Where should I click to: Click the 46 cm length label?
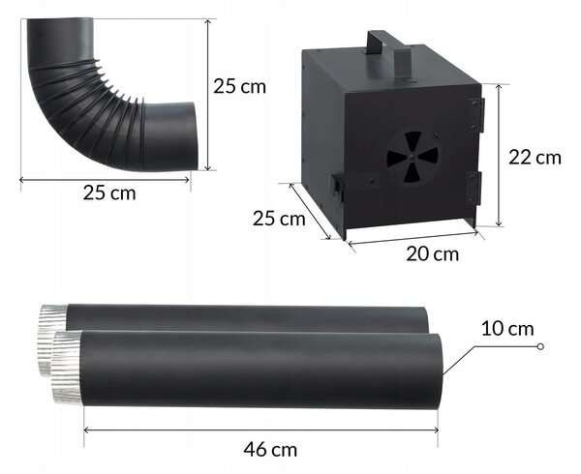pyautogui.click(x=270, y=450)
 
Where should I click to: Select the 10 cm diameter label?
pyautogui.click(x=507, y=329)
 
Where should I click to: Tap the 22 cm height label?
pyautogui.click(x=535, y=158)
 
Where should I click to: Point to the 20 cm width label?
pyautogui.click(x=432, y=253)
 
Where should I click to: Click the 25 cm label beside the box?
pyautogui.click(x=279, y=219)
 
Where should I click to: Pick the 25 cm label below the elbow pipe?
pyautogui.click(x=109, y=193)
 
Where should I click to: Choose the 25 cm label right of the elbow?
pyautogui.click(x=239, y=86)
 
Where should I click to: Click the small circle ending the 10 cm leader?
pyautogui.click(x=540, y=346)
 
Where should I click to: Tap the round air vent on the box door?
pyautogui.click(x=413, y=157)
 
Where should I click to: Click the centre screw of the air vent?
pyautogui.click(x=413, y=158)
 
